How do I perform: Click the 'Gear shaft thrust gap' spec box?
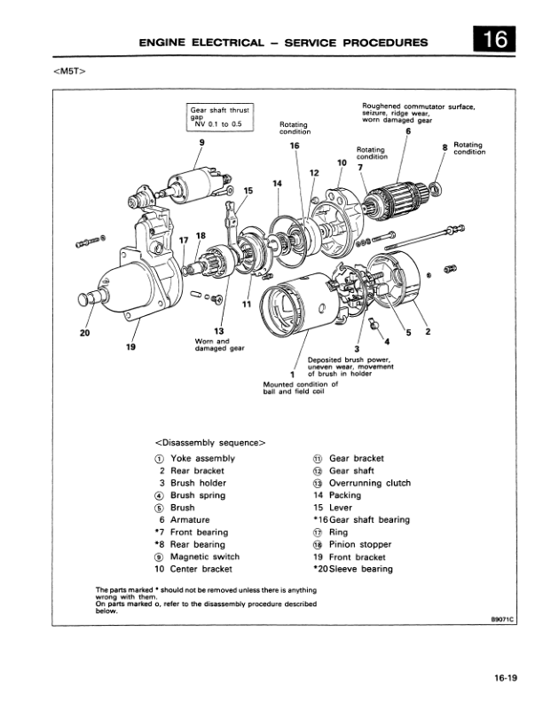click(x=220, y=116)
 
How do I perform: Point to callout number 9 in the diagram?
click(x=201, y=142)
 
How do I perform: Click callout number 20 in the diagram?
click(x=84, y=335)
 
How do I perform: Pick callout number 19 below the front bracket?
click(x=130, y=348)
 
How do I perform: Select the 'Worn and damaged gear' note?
click(x=211, y=344)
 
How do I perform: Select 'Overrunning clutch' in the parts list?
click(x=370, y=484)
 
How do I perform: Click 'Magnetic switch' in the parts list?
click(x=205, y=557)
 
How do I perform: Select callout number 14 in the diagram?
click(x=277, y=183)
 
